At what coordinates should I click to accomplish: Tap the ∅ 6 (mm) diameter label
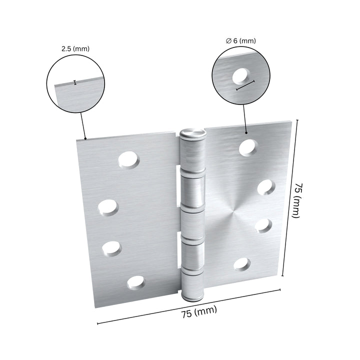tap(240, 41)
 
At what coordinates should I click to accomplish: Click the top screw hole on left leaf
tap(129, 159)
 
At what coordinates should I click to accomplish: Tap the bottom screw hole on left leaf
tap(135, 282)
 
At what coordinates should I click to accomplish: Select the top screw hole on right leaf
tap(247, 146)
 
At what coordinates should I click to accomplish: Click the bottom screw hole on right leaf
tap(242, 263)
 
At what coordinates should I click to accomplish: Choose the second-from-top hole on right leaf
tap(266, 186)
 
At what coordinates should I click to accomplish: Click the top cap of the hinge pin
tap(193, 133)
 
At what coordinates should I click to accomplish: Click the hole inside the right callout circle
tap(242, 75)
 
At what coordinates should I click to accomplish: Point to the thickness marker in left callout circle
tap(74, 82)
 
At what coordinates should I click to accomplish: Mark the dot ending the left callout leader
tap(85, 138)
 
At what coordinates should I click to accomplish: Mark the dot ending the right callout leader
tap(246, 133)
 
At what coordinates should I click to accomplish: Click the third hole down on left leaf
tap(111, 247)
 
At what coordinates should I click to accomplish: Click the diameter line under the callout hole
tap(245, 85)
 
